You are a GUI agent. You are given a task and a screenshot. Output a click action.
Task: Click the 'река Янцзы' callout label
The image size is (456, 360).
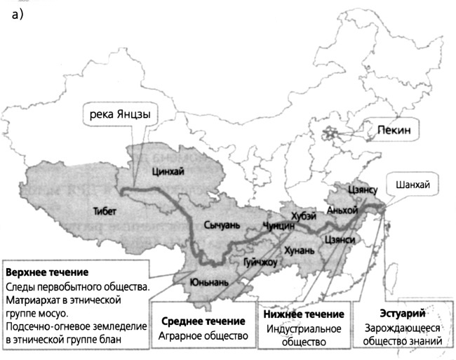tap(117, 114)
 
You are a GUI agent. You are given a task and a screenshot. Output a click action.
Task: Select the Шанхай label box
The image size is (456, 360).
tap(413, 185)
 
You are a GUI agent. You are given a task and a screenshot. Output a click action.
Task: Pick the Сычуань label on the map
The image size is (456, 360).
tap(222, 225)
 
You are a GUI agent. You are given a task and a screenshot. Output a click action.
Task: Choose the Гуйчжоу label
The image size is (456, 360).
tap(260, 262)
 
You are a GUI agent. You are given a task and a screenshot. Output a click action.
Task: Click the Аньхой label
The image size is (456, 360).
tap(342, 210)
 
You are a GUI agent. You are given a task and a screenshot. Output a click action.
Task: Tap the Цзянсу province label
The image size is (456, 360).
tap(363, 189)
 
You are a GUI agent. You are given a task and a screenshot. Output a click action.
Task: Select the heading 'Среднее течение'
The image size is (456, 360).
tap(203, 321)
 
